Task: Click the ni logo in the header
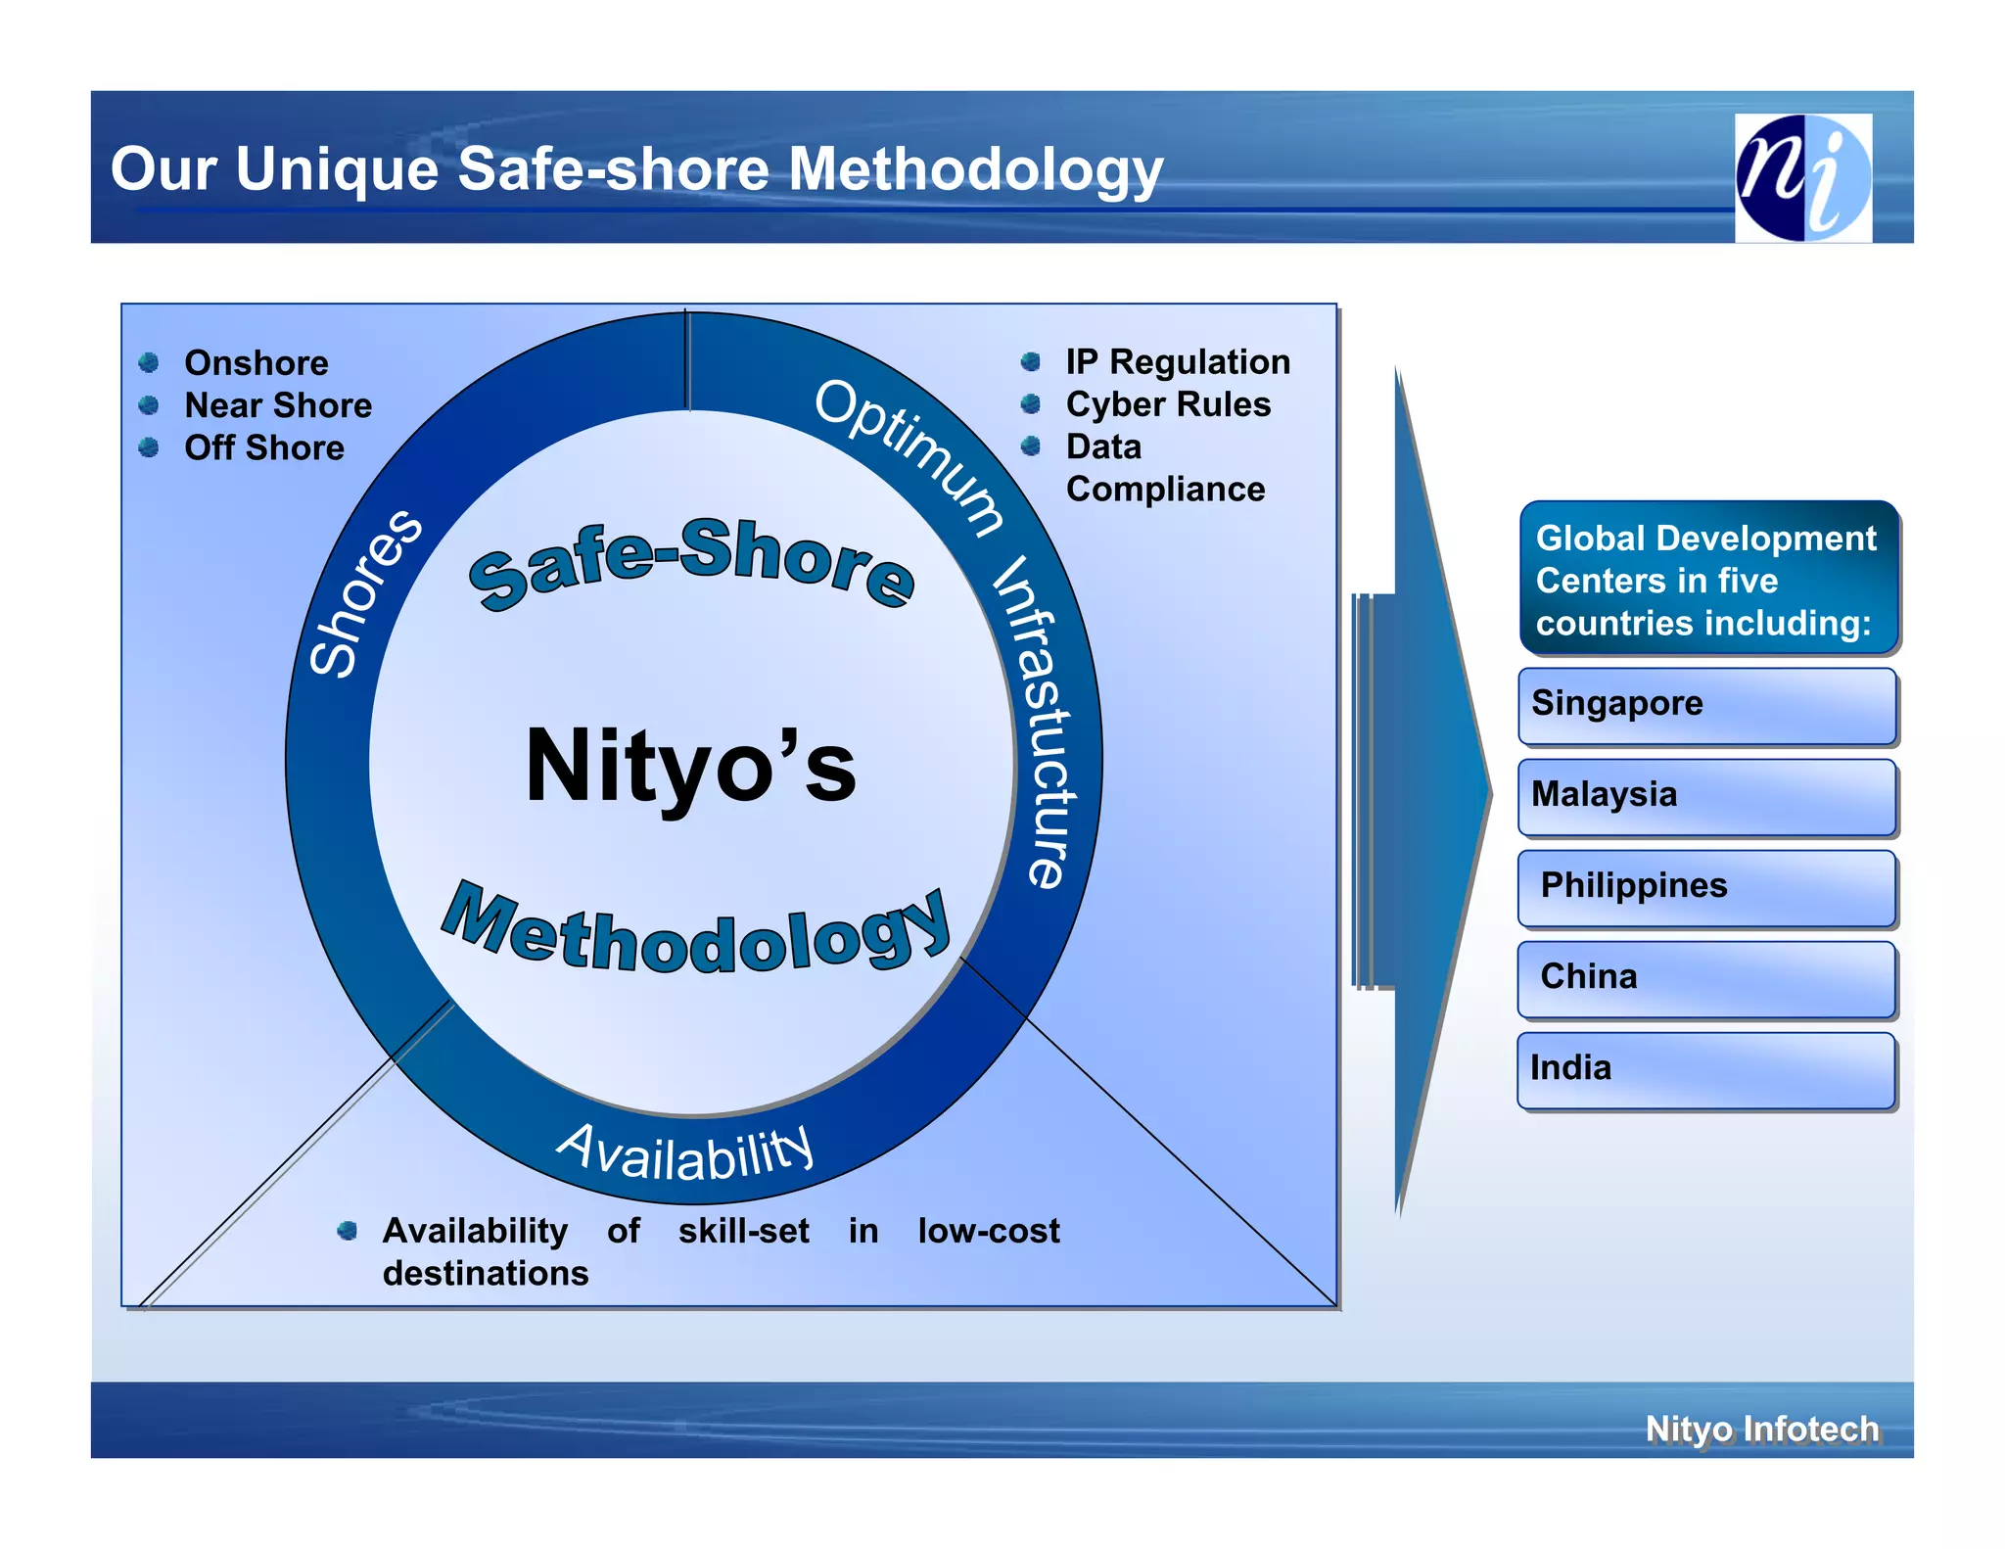click(x=1802, y=177)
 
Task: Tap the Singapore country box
click(x=1706, y=705)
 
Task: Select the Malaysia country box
click(x=1706, y=796)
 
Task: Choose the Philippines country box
click(x=1706, y=887)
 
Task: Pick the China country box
click(x=1706, y=978)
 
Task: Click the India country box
click(x=1706, y=1069)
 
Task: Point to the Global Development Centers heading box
click(x=1708, y=579)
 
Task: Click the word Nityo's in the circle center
click(x=690, y=767)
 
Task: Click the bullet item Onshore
click(x=256, y=363)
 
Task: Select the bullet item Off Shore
click(x=264, y=447)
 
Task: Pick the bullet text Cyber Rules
click(x=1168, y=404)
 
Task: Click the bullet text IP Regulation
click(x=1178, y=362)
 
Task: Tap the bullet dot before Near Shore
click(x=149, y=405)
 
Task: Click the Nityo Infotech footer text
click(x=1761, y=1429)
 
